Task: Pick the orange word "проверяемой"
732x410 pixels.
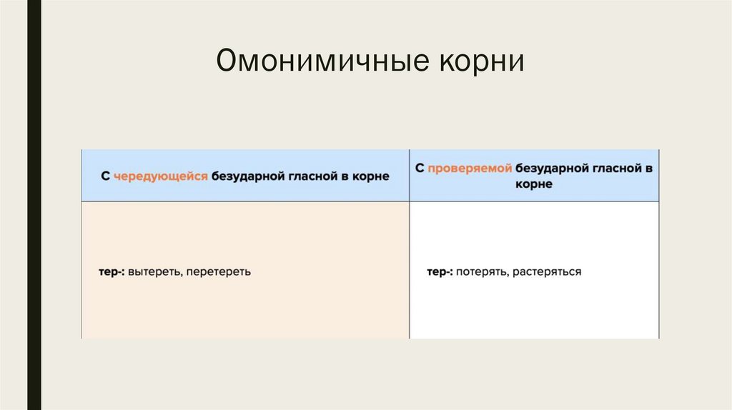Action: pos(470,169)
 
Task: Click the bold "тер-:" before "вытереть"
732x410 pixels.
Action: pos(112,272)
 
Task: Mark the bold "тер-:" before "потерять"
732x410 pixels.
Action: pos(440,272)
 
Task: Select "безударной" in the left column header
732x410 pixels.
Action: pos(242,176)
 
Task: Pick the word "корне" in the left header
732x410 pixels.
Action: pos(372,176)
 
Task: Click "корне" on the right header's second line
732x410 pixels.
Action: pos(533,184)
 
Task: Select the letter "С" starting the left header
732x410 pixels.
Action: pos(104,176)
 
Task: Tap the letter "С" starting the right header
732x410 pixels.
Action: pos(420,169)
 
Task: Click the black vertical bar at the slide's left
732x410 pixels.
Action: pos(34,205)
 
